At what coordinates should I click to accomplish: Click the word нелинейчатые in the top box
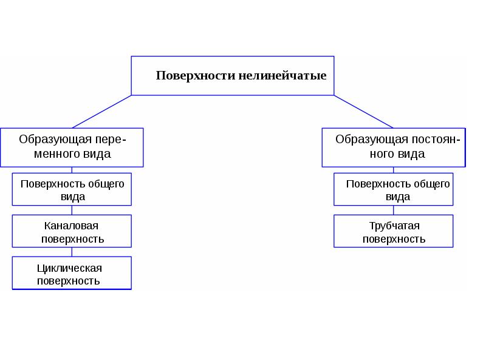click(282, 75)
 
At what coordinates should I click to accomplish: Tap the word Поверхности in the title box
click(196, 75)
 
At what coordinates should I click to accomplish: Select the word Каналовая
click(71, 226)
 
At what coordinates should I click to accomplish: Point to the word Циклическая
click(69, 268)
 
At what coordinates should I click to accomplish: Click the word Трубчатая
click(394, 226)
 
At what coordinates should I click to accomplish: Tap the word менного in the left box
click(52, 154)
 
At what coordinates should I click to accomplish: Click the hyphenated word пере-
click(111, 140)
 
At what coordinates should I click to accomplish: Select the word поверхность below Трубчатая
click(394, 239)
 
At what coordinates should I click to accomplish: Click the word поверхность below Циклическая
click(69, 281)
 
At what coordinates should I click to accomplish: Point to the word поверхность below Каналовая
click(72, 239)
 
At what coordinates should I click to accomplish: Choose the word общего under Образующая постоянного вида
click(432, 184)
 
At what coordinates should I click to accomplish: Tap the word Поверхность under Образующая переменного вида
click(53, 184)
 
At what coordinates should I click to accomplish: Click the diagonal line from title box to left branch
click(101, 112)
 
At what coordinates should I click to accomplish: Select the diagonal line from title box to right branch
click(363, 112)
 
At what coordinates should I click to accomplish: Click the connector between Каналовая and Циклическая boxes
click(72, 252)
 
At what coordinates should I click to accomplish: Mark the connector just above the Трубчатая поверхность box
click(393, 210)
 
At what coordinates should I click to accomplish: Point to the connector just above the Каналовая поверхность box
click(72, 210)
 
